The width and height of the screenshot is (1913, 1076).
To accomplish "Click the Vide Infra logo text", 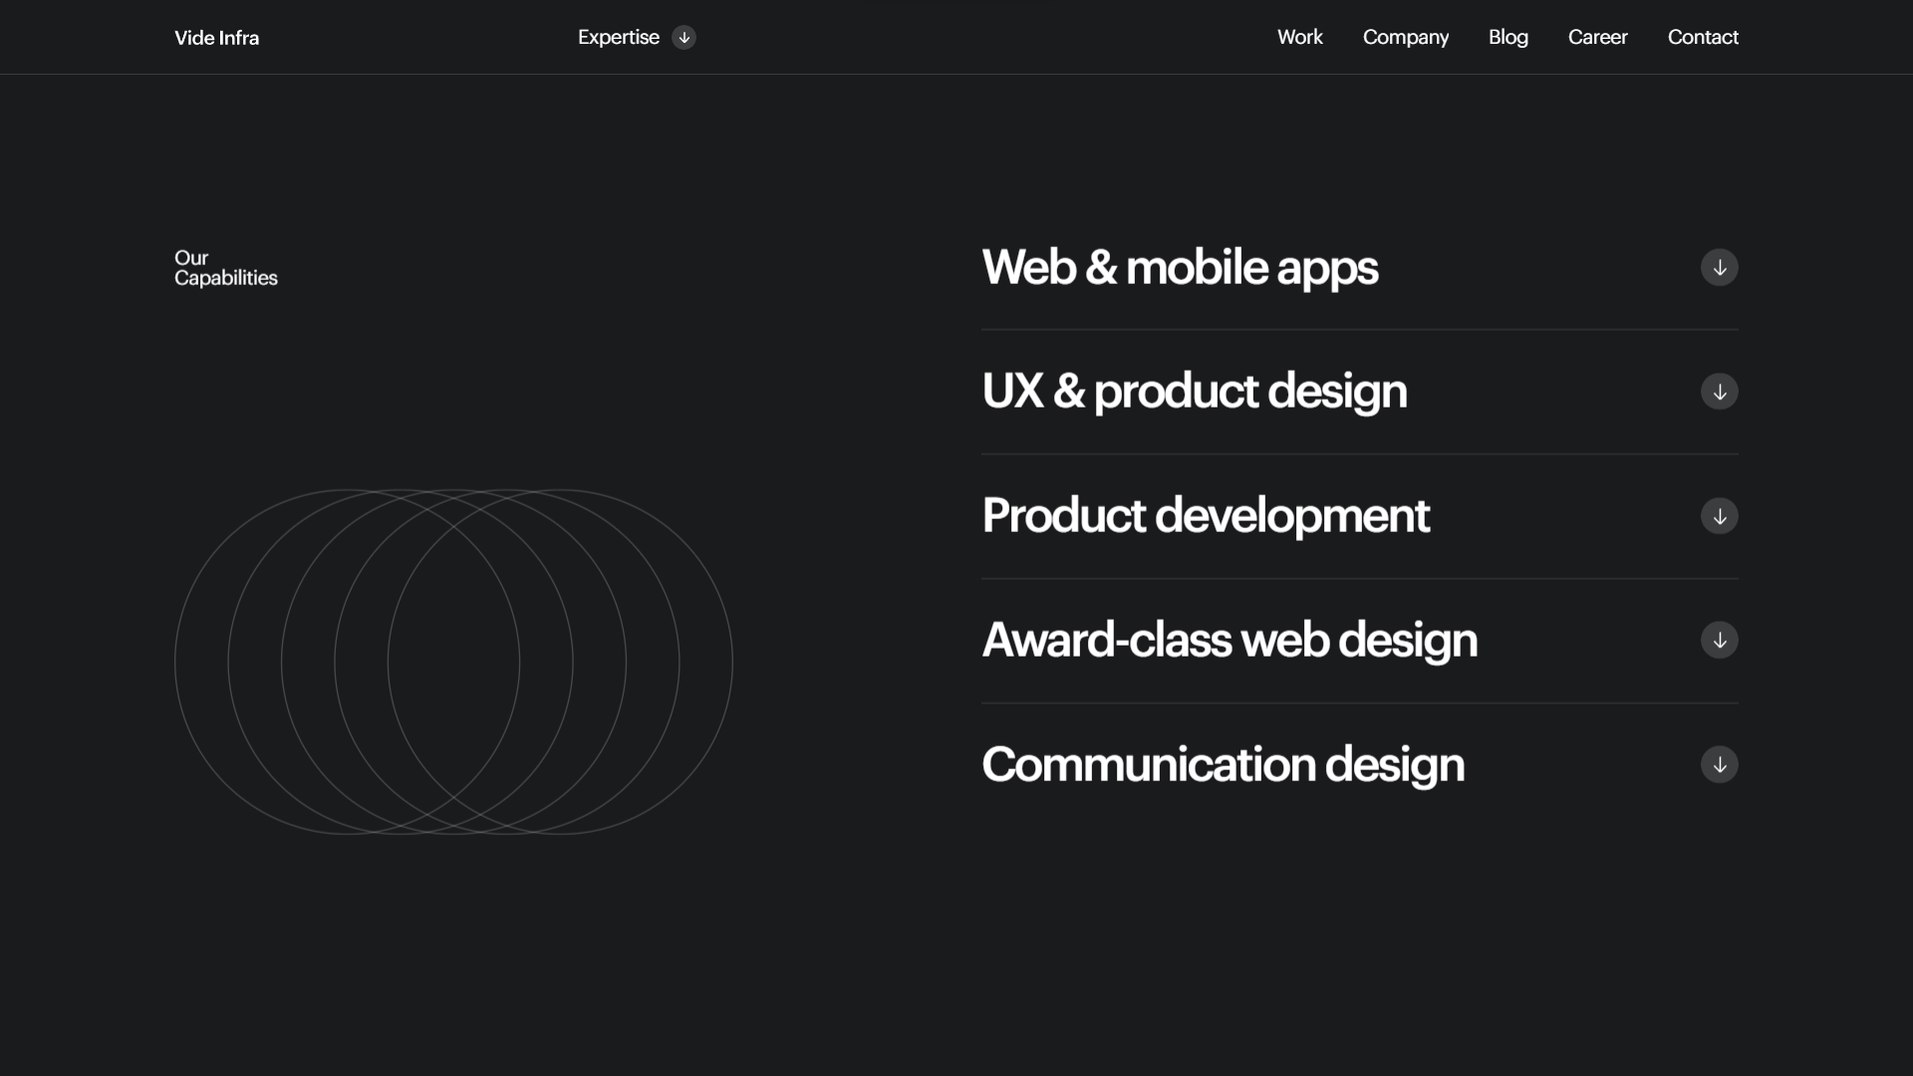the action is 216,38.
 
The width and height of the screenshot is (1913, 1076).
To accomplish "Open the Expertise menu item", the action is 619,38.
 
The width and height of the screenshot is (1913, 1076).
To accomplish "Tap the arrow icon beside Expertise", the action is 683,38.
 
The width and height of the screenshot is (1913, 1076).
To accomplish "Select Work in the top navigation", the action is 1300,37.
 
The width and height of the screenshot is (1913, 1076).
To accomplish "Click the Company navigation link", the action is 1406,38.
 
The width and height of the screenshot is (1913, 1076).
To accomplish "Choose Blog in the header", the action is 1508,38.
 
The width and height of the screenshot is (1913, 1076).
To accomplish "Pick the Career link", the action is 1598,37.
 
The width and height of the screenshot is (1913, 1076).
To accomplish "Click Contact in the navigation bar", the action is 1703,37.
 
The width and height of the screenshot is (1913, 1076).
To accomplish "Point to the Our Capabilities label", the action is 226,268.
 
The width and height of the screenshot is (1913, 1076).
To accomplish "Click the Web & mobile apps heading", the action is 1180,267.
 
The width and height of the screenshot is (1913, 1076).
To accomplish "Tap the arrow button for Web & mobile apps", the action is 1720,267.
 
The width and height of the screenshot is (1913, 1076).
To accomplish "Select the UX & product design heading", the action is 1195,392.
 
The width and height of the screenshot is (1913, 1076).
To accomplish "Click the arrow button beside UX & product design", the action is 1720,392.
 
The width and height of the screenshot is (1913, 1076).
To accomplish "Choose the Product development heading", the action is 1206,516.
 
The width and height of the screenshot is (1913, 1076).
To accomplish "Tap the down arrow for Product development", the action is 1720,516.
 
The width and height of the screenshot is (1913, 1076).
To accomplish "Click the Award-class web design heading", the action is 1230,640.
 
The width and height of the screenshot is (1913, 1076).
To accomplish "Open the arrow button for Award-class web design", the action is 1720,640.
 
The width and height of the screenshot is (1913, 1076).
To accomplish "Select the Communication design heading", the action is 1224,764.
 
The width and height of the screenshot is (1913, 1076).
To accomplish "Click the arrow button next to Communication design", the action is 1720,764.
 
